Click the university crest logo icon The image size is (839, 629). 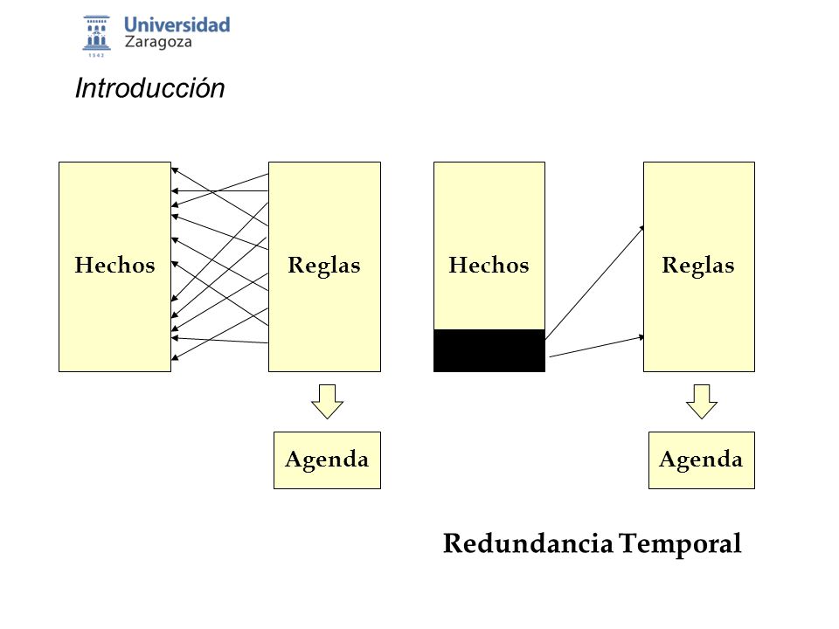(96, 33)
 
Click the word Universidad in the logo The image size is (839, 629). (177, 24)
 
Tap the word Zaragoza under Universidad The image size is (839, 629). (158, 42)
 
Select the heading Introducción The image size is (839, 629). (149, 87)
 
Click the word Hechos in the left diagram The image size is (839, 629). (114, 265)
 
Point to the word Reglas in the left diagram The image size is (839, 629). (323, 266)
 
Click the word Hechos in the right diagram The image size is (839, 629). (489, 265)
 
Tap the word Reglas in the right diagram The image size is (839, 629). (697, 266)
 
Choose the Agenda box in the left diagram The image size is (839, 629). (327, 460)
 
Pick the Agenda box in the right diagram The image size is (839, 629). (702, 460)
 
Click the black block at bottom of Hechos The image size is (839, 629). (489, 350)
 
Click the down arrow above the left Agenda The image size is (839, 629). (327, 401)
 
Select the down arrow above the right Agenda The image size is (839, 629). (702, 401)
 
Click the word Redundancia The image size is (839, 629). (528, 543)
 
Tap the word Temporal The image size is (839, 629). (681, 544)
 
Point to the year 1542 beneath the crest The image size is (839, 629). (96, 55)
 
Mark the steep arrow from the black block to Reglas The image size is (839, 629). (594, 282)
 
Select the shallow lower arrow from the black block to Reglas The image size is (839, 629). (597, 346)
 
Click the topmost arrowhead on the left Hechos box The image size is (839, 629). (175, 170)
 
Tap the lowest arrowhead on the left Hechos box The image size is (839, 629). (175, 357)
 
